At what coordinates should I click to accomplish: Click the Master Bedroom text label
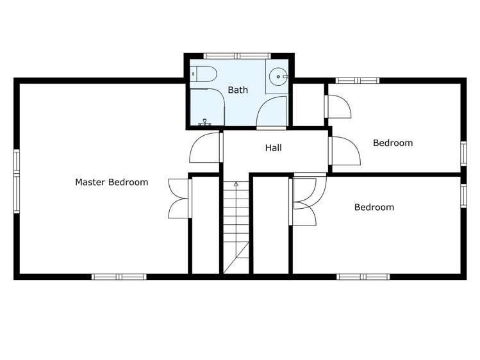tap(112, 182)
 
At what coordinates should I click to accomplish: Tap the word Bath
tap(238, 90)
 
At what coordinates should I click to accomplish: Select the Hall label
tap(274, 148)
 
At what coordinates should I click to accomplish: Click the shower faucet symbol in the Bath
tap(205, 121)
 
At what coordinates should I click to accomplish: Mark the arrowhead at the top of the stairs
tap(236, 184)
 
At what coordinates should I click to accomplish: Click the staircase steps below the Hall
tap(236, 224)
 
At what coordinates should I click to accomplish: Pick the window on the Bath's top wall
tap(238, 56)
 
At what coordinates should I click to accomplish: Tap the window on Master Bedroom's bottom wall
tap(119, 277)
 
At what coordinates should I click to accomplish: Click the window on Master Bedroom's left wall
tap(17, 172)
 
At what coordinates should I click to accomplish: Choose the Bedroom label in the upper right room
tap(393, 143)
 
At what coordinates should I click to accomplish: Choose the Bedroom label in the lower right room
tap(374, 207)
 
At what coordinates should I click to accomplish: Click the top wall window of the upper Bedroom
tap(358, 81)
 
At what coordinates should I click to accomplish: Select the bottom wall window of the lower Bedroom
tap(364, 277)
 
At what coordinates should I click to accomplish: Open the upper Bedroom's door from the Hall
tap(343, 152)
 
